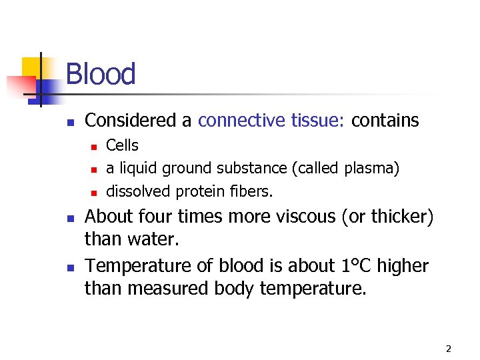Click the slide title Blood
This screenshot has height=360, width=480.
pos(101,74)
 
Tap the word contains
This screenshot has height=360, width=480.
pos(385,121)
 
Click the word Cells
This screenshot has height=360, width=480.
pos(123,145)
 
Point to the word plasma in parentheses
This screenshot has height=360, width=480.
pos(370,169)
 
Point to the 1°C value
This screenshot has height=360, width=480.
pos(351,266)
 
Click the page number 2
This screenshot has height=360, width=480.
pos(449,349)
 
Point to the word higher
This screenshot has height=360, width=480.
pos(402,266)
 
